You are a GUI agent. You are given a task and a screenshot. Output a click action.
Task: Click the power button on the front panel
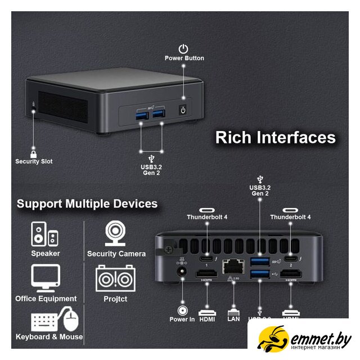(182, 110)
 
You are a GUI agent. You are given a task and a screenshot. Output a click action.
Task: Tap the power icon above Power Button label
(183, 49)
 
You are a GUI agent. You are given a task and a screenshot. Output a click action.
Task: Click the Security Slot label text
(34, 161)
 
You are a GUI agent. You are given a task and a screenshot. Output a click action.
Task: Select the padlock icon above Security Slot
(34, 152)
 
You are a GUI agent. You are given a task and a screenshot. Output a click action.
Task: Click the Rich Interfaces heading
(275, 138)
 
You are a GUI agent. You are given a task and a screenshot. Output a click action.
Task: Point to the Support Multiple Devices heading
(87, 204)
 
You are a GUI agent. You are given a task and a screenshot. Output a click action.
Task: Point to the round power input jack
(182, 274)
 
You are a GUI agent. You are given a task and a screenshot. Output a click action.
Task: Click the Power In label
(182, 319)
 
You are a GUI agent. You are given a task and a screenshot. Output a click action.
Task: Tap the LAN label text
(233, 319)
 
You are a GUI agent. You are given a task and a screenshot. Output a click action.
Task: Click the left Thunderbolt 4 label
(207, 217)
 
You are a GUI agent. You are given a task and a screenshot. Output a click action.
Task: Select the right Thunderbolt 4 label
(290, 217)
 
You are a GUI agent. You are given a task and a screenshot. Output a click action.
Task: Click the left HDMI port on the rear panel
(206, 275)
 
